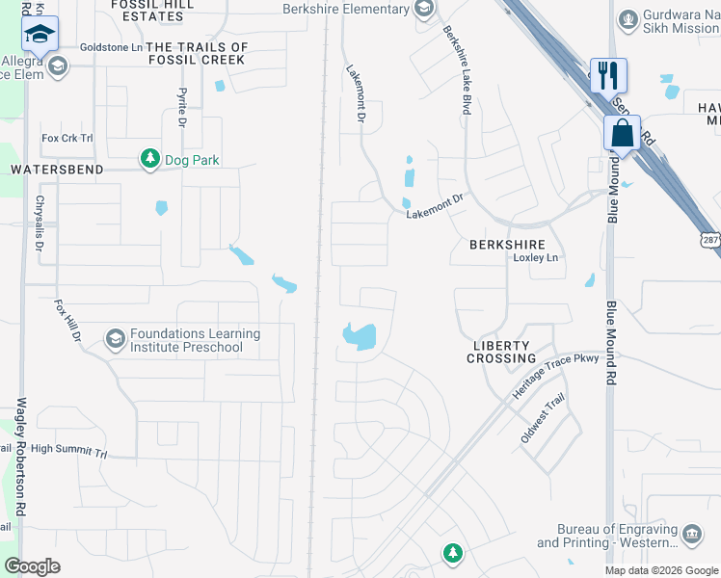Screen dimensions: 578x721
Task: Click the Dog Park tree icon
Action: click(149, 158)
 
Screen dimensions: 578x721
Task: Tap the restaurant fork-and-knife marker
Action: click(608, 75)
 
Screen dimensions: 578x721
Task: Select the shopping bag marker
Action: click(623, 133)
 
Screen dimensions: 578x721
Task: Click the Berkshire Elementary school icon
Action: click(423, 10)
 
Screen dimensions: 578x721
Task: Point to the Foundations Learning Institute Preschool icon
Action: click(116, 338)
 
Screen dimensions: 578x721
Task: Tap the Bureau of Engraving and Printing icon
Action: click(691, 534)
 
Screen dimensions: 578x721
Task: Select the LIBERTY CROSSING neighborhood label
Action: click(499, 352)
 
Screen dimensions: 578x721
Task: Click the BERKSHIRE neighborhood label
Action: click(507, 245)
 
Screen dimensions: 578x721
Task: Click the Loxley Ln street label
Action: click(536, 258)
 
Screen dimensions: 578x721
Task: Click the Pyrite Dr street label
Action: click(180, 107)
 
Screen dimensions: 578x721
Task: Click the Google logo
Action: click(32, 566)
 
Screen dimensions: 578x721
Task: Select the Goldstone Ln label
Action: click(111, 46)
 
